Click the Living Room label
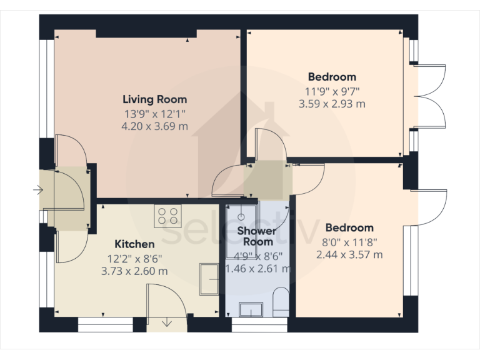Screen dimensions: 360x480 tap(154, 99)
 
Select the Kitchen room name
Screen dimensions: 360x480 tap(134, 244)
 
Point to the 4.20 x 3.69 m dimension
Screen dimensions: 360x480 tap(154, 127)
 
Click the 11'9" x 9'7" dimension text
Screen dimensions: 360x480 tap(332, 91)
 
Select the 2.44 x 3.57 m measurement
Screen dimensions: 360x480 tap(349, 254)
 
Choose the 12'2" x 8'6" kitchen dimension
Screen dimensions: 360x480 tap(134, 258)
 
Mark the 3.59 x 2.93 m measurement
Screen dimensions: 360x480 tap(332, 104)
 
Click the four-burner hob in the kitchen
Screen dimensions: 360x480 tap(167, 216)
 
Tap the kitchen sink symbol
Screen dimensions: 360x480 tap(209, 277)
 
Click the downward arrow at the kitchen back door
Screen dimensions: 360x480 tap(167, 322)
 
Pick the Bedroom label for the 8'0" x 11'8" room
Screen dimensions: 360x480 tap(349, 228)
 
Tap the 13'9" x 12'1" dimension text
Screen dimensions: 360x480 tap(154, 114)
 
